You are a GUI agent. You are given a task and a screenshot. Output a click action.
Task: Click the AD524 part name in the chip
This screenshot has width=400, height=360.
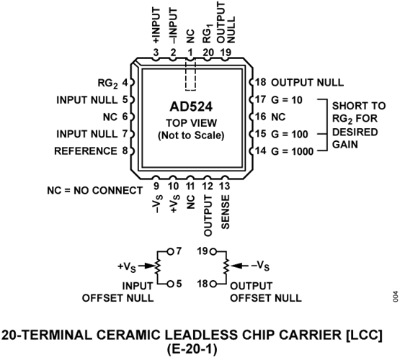[191, 107]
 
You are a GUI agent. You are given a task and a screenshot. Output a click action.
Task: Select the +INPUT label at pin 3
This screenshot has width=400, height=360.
[156, 25]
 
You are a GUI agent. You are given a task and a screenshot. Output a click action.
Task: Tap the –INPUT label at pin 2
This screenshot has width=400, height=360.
[173, 25]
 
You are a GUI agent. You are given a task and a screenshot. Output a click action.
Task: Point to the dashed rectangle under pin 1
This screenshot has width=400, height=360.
[190, 75]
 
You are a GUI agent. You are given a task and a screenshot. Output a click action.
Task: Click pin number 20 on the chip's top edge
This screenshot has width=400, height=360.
[208, 53]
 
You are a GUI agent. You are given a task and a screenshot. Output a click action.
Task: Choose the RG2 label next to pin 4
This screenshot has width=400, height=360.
[107, 84]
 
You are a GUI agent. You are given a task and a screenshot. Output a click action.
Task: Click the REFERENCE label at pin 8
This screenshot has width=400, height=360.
[86, 151]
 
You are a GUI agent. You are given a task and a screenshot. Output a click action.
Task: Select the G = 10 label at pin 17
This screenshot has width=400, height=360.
[287, 100]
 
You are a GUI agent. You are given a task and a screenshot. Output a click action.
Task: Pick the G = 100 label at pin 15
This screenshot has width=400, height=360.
[290, 134]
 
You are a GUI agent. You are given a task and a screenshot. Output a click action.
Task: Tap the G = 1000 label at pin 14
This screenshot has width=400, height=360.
[293, 151]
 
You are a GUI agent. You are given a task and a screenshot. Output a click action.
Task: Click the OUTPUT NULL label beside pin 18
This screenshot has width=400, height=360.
[308, 83]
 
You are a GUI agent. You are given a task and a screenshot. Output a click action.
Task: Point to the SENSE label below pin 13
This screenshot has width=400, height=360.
[226, 212]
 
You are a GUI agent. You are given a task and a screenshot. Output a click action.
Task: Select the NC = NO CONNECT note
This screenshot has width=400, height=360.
[94, 191]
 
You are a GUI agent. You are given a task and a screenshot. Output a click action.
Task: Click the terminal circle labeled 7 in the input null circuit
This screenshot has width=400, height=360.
[170, 252]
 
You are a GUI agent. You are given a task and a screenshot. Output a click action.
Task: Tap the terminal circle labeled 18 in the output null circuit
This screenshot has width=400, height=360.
[213, 284]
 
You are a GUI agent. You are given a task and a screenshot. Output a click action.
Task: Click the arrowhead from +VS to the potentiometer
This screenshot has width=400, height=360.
[151, 266]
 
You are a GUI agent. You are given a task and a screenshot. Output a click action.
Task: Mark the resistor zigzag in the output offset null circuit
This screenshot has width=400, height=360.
[226, 266]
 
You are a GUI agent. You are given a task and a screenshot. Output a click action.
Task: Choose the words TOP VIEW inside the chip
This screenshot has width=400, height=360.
[191, 123]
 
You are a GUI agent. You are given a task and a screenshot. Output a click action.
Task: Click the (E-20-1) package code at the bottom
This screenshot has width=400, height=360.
[192, 349]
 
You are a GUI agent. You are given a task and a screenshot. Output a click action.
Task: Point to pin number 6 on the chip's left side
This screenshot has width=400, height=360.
[125, 117]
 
